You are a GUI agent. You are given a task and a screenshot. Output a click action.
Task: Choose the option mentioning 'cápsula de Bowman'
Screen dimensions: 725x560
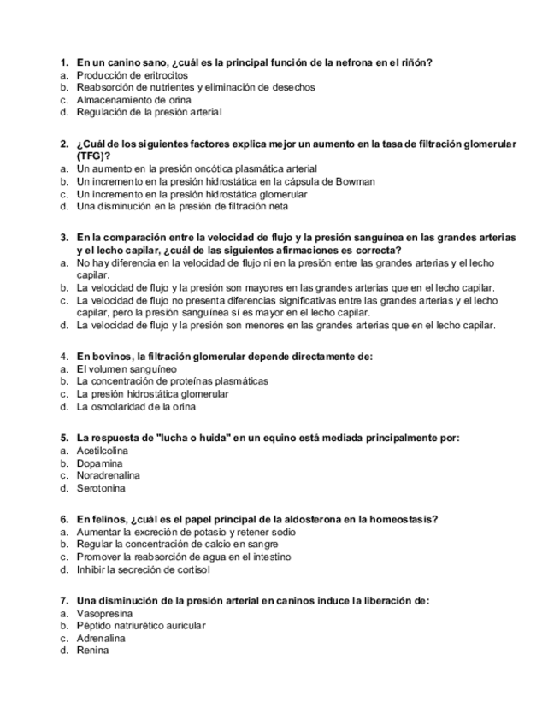point(226,181)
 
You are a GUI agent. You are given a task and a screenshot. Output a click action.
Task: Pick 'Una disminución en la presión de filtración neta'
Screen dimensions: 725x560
point(182,206)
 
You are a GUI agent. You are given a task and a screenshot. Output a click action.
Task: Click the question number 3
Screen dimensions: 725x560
point(63,237)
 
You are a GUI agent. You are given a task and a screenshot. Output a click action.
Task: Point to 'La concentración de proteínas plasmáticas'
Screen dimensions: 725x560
point(172,380)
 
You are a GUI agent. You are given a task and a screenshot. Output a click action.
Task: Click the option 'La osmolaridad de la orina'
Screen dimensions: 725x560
point(136,406)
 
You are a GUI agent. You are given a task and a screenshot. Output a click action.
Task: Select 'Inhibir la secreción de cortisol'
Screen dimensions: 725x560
point(143,569)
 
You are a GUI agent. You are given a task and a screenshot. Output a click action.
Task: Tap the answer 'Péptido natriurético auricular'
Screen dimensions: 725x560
point(141,625)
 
